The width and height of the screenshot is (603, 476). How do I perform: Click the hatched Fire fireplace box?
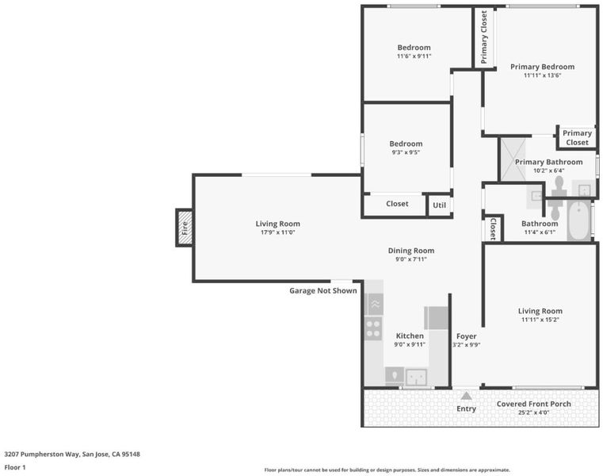pyautogui.click(x=185, y=228)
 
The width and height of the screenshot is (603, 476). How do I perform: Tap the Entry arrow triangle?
pyautogui.click(x=466, y=396)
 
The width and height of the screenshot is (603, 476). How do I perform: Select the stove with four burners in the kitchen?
pyautogui.click(x=373, y=328)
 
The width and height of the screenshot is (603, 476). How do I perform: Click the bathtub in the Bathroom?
pyautogui.click(x=578, y=220)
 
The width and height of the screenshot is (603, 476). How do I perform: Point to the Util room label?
pyautogui.click(x=439, y=205)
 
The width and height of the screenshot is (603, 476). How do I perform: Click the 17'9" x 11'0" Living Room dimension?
pyautogui.click(x=277, y=232)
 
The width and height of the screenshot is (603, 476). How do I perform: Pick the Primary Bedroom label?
pyautogui.click(x=542, y=67)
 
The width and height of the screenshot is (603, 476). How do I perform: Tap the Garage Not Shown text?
pyautogui.click(x=323, y=291)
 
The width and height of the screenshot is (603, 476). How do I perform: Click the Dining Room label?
pyautogui.click(x=411, y=251)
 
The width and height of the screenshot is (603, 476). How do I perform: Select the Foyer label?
pyautogui.click(x=467, y=336)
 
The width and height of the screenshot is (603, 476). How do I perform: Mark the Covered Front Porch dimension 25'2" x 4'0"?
pyautogui.click(x=533, y=413)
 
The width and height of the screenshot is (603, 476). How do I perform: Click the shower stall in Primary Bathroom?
pyautogui.click(x=513, y=159)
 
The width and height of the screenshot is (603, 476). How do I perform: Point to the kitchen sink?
pyautogui.click(x=416, y=377)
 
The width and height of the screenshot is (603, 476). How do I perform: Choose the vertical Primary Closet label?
pyautogui.click(x=484, y=37)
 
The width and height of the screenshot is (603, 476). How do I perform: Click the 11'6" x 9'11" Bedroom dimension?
pyautogui.click(x=414, y=56)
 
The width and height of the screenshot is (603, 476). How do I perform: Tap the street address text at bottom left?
pyautogui.click(x=72, y=455)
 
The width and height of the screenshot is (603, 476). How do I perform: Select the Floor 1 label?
pyautogui.click(x=14, y=467)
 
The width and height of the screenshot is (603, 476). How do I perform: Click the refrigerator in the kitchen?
pyautogui.click(x=436, y=318)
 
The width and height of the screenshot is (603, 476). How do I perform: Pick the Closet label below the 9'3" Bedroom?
pyautogui.click(x=397, y=204)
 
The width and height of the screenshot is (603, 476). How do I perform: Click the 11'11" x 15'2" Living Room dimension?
pyautogui.click(x=540, y=320)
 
